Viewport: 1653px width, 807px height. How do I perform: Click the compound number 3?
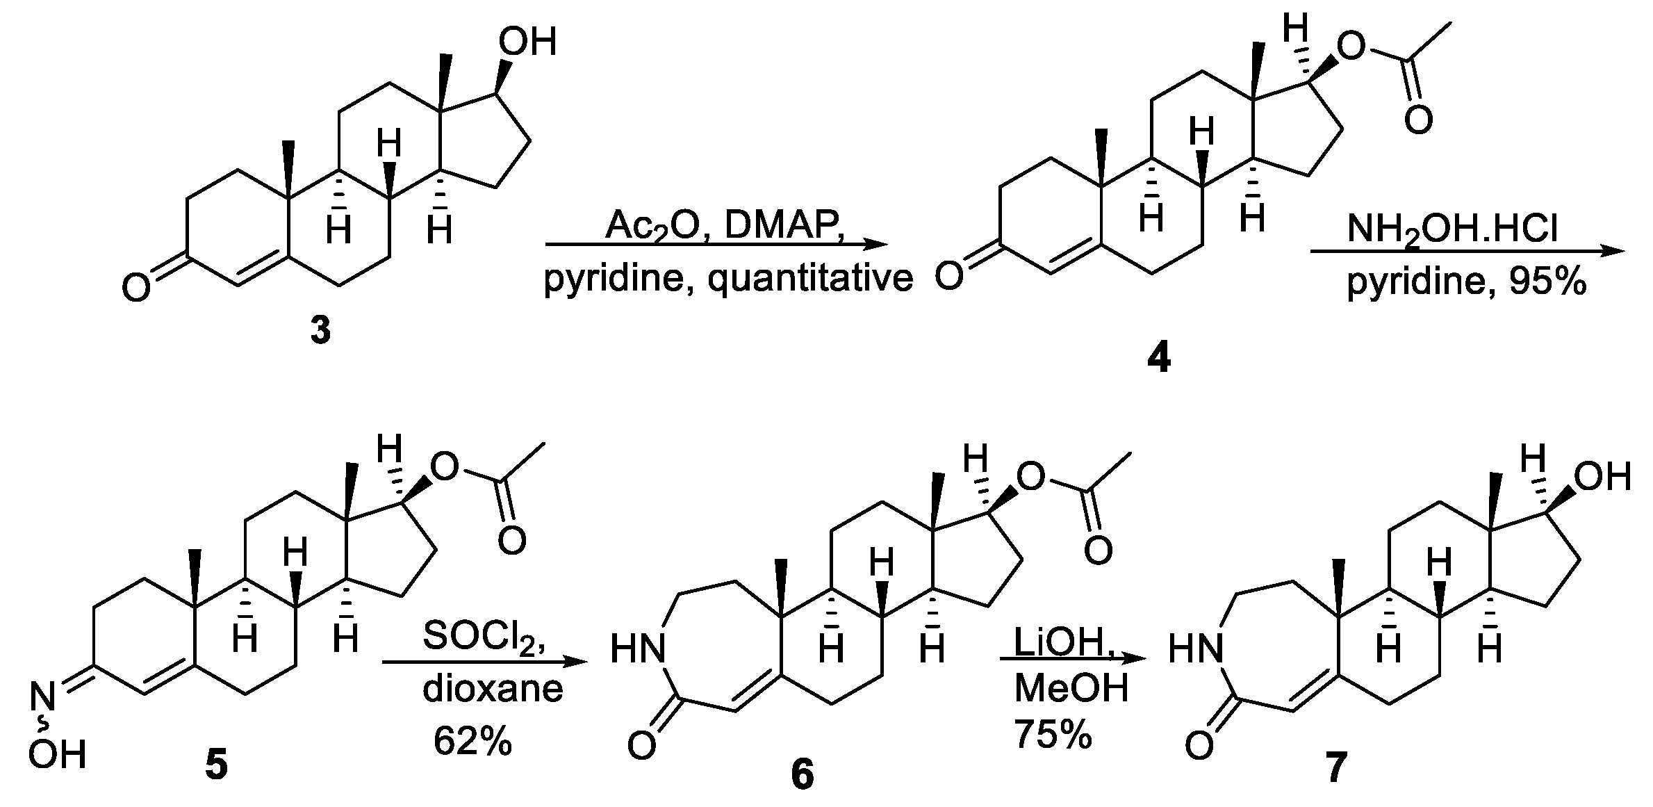point(320,331)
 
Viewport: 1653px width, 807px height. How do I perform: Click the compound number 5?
point(216,769)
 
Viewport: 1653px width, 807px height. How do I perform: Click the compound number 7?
point(1335,769)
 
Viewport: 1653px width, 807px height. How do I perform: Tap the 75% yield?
point(1052,734)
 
